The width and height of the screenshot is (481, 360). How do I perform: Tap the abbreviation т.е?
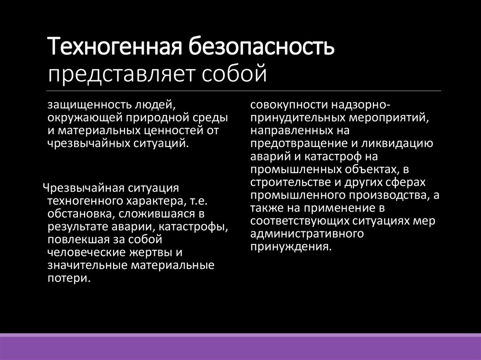[199, 201]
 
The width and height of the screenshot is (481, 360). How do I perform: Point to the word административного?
[307, 234]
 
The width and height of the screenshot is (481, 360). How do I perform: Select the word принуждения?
[291, 247]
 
